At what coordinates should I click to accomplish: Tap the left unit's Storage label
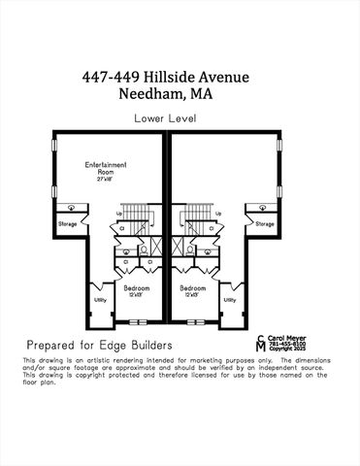coord(67,223)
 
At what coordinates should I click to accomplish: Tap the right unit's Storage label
coord(265,223)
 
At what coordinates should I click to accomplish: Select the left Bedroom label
coord(137,288)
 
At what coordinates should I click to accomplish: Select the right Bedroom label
coord(192,288)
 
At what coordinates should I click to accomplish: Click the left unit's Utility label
coord(99,300)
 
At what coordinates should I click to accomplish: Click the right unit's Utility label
coord(229,300)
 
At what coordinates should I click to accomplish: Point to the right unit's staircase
coord(197,214)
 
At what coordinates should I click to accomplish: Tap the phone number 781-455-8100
coord(287,344)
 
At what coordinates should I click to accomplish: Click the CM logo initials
coord(261,344)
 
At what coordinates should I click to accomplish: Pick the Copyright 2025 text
coord(288,349)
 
